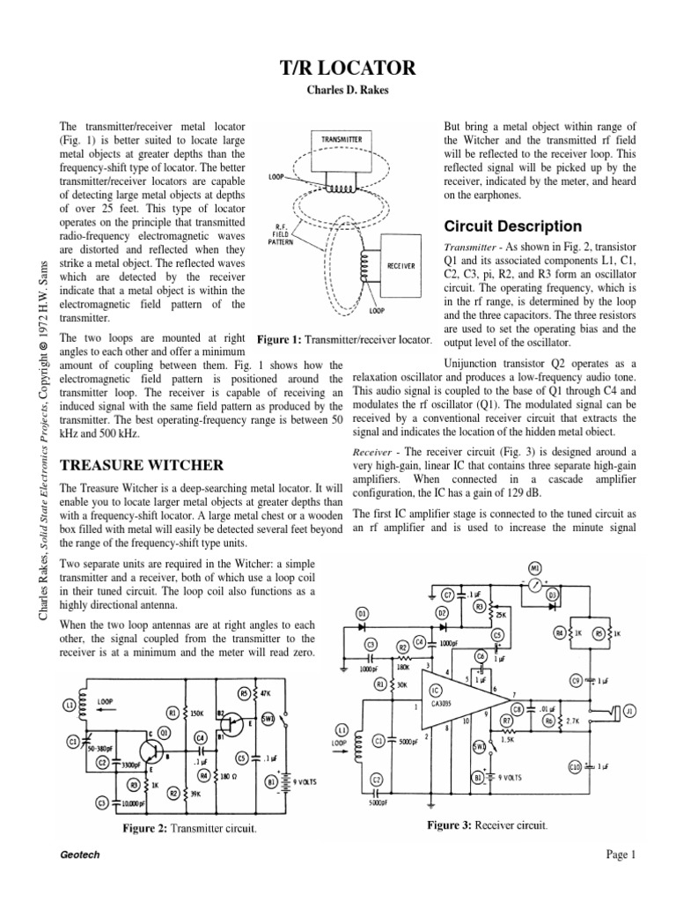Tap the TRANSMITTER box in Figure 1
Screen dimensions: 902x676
342,139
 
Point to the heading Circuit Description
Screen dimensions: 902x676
512,226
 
